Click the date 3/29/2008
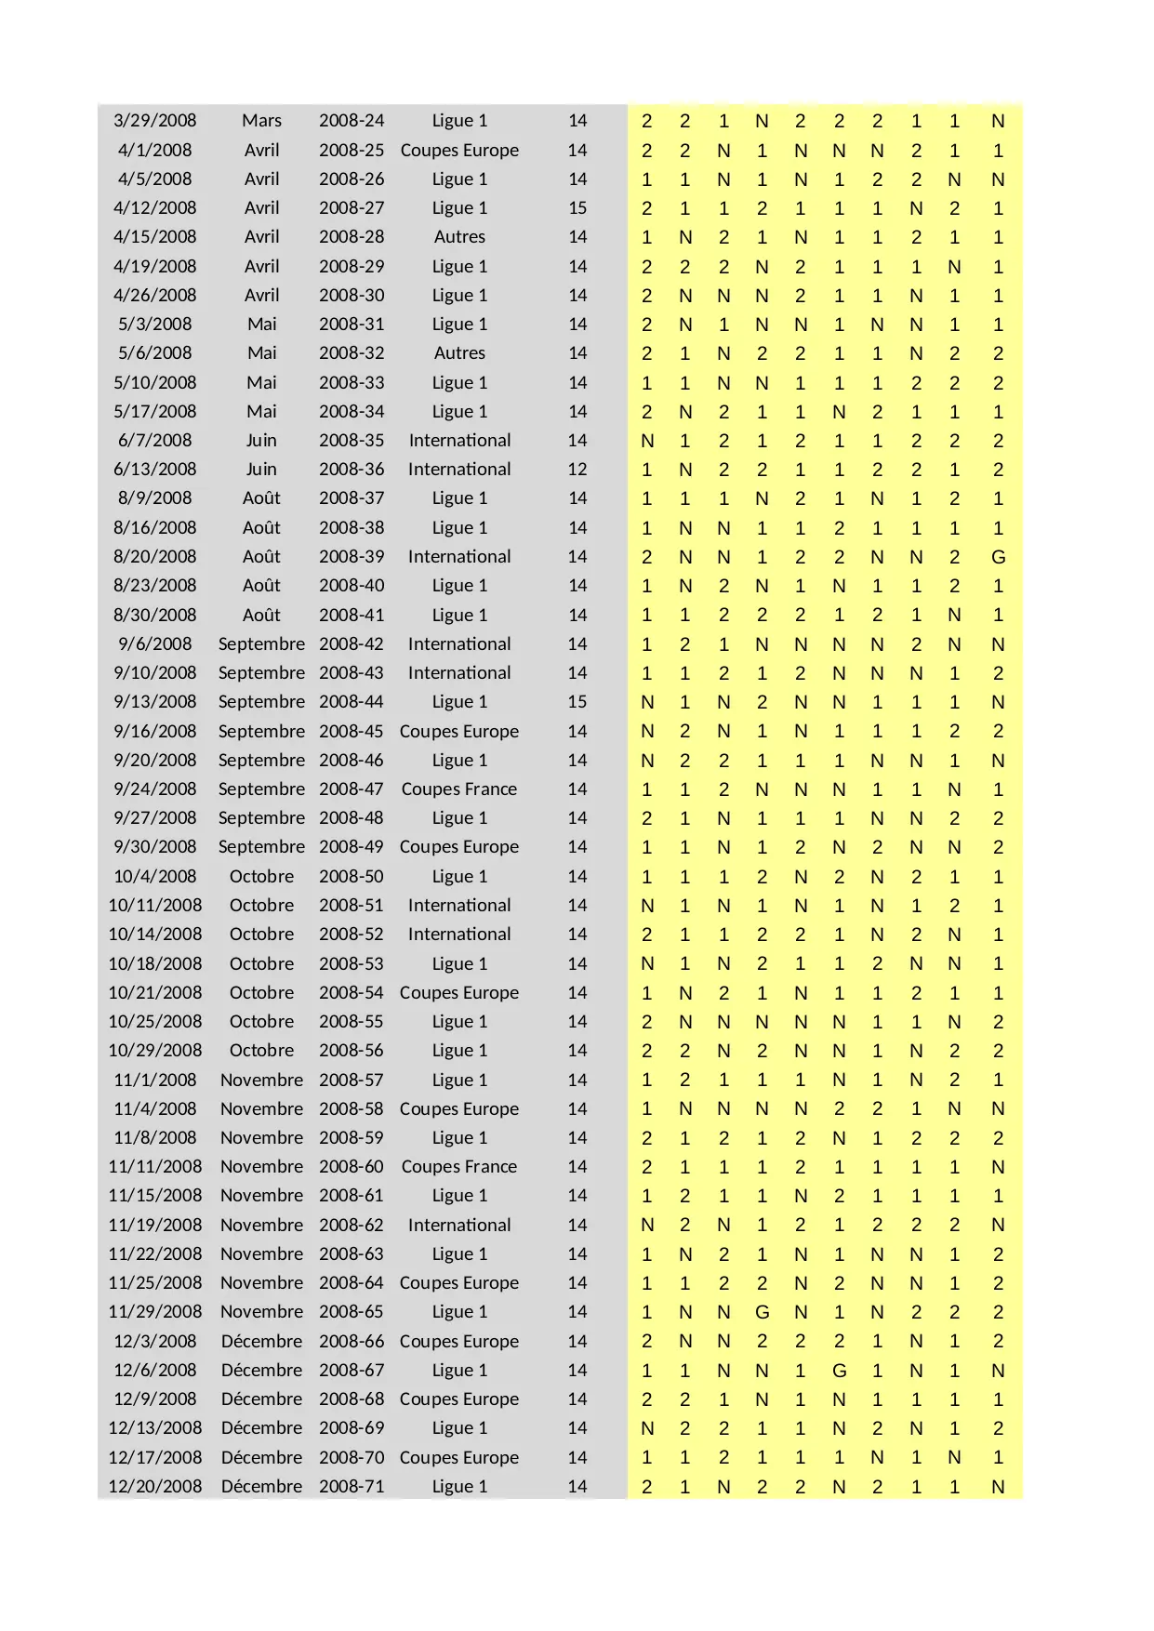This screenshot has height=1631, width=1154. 154,121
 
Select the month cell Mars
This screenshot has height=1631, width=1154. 261,121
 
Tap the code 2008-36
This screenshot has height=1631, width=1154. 351,470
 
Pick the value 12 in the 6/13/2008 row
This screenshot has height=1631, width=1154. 577,470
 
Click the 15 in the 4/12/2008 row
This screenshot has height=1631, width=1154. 577,208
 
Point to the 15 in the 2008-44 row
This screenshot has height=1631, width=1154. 577,702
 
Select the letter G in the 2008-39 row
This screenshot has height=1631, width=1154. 998,557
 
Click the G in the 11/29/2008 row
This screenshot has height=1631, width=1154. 762,1312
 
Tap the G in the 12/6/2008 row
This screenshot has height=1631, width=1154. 839,1371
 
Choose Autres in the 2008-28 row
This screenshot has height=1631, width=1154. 459,237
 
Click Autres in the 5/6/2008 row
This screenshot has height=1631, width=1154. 459,353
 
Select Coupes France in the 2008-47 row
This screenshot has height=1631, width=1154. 458,789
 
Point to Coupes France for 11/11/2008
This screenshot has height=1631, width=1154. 458,1167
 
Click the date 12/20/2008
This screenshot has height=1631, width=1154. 154,1487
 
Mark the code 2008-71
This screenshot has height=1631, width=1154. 351,1487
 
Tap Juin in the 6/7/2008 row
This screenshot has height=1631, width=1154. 261,441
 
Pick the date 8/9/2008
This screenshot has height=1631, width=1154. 154,498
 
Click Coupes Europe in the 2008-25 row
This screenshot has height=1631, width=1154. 458,151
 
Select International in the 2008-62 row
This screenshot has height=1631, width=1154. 458,1226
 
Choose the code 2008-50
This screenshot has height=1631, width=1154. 351,877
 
